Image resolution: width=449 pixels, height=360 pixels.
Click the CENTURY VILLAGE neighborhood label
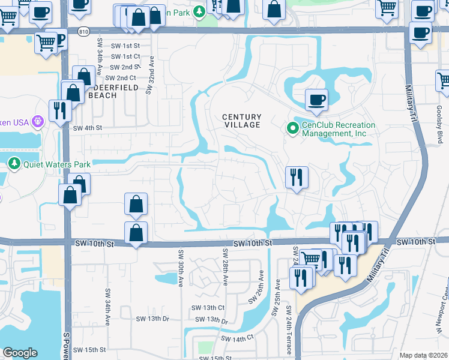(x=242, y=121)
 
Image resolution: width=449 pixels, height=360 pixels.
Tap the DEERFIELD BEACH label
(x=113, y=91)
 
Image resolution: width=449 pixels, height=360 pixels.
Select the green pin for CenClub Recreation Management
(x=292, y=128)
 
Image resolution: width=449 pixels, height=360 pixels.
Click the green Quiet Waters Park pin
(x=14, y=164)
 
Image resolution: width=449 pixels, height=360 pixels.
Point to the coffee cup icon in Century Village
(x=316, y=99)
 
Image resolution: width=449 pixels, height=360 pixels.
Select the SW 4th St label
(x=88, y=128)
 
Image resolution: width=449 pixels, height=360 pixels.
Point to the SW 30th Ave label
(x=179, y=269)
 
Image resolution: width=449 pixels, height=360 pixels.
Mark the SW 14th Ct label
(x=237, y=339)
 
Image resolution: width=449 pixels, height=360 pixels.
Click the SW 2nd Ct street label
(x=121, y=78)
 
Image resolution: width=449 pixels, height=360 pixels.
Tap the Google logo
(x=20, y=353)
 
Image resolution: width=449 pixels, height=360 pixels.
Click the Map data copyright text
(x=423, y=355)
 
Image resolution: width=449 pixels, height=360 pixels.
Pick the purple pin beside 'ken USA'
(x=37, y=122)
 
